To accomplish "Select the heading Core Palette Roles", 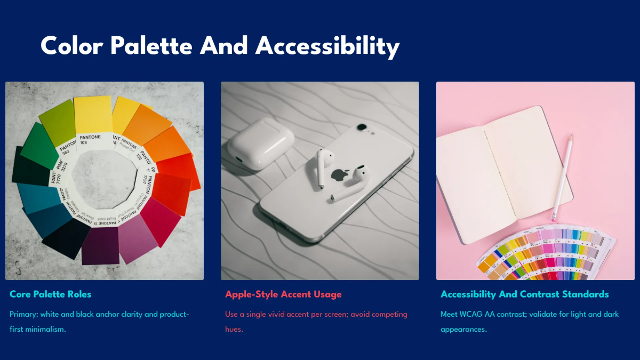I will click(51, 294).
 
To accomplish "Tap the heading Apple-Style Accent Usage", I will click(283, 294).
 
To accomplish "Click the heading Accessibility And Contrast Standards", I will click(524, 294).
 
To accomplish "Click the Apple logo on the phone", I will click(339, 175).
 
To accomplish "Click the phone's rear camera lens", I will click(362, 127).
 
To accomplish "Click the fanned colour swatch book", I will click(544, 251).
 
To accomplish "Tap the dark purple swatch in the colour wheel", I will click(100, 245).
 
